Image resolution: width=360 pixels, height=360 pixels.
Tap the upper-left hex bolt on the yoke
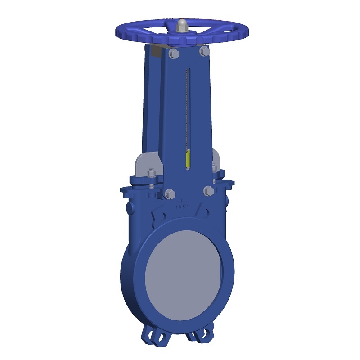tap(173, 54)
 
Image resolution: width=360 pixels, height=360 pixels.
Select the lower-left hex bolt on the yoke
tap(170, 194)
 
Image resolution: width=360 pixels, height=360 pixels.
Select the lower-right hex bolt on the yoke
tap(208, 191)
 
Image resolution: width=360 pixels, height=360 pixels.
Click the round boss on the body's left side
tap(130, 208)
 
